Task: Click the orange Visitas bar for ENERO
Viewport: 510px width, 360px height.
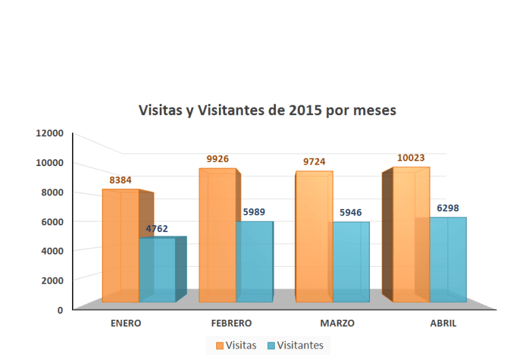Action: tap(120, 245)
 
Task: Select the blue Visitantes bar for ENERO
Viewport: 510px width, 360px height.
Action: tap(158, 269)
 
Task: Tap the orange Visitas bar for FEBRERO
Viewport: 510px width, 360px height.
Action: tap(217, 235)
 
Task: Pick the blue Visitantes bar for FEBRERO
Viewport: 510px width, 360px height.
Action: tap(254, 261)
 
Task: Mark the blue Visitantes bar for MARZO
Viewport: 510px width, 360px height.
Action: tap(351, 262)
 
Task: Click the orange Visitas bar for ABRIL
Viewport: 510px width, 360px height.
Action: tap(411, 234)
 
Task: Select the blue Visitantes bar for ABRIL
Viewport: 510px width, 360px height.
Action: tap(447, 259)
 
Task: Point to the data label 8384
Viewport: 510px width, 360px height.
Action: tap(121, 181)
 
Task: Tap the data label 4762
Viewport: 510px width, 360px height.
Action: tap(157, 229)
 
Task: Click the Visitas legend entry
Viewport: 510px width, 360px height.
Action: tap(236, 346)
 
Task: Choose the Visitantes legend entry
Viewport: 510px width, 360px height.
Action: tap(295, 346)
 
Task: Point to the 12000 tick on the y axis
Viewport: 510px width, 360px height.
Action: tap(50, 133)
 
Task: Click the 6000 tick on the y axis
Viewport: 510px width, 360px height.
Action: tap(52, 221)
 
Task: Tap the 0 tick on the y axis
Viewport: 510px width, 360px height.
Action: tap(60, 310)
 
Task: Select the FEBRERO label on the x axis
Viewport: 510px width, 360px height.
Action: tap(231, 323)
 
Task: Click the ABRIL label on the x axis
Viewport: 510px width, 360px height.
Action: tap(443, 323)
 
